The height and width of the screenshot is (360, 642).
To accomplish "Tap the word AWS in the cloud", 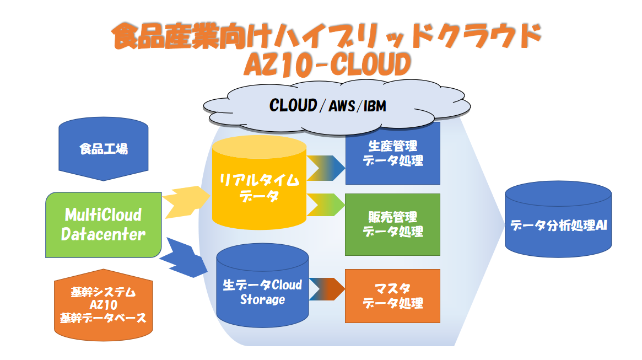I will coord(341,106).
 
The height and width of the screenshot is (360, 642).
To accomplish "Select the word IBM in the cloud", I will coord(373,106).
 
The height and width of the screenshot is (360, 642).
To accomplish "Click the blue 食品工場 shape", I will coord(103,149).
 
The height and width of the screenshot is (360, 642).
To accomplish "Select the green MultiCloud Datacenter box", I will coord(103,224).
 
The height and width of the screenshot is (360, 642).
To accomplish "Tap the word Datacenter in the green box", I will coord(103,234).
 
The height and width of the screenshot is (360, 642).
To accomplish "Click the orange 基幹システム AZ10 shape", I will coord(103,304).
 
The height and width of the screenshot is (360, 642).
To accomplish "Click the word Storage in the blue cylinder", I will coord(262,300).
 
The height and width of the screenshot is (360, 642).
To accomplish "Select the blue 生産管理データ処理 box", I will coord(392,153).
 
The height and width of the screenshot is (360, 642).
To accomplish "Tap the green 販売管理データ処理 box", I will coord(392,224).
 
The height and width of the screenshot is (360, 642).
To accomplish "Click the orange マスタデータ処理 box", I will coord(392,295).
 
